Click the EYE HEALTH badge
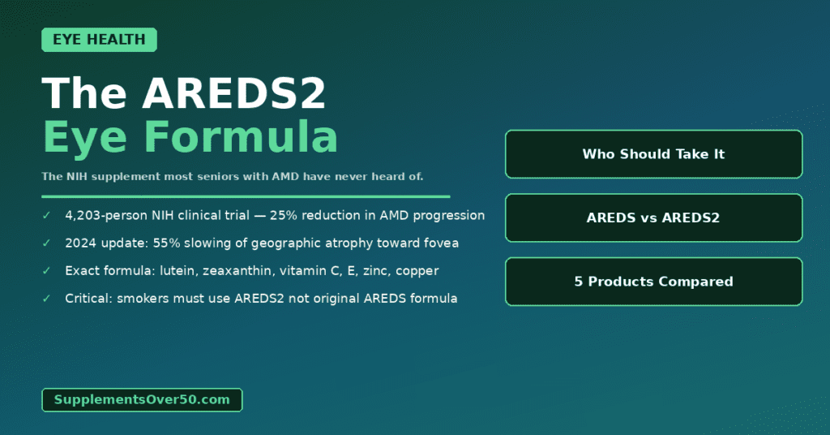click(99, 40)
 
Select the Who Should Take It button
click(653, 154)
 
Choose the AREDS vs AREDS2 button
click(653, 217)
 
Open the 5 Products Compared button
click(653, 282)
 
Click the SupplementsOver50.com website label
click(142, 399)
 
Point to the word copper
click(418, 271)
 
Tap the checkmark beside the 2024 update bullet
click(46, 243)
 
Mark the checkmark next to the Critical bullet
click(46, 299)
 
